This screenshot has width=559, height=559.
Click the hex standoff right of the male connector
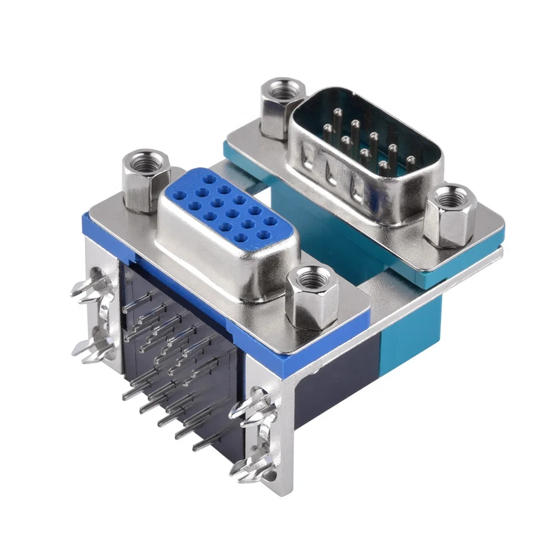point(450,215)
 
